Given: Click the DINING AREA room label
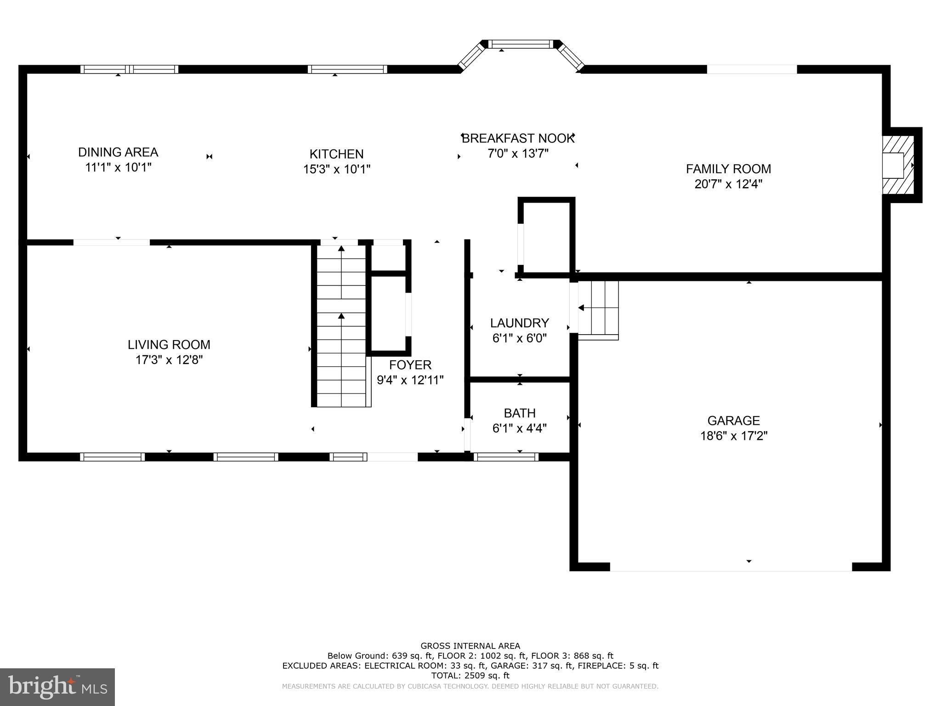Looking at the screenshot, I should pyautogui.click(x=118, y=152).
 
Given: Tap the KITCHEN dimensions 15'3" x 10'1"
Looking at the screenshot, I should pyautogui.click(x=336, y=170).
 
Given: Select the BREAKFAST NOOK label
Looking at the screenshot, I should pyautogui.click(x=518, y=138).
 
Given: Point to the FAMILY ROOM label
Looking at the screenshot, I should pyautogui.click(x=728, y=169).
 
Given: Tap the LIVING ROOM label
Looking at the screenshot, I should pyautogui.click(x=169, y=344).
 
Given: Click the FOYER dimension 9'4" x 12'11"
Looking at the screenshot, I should pyautogui.click(x=410, y=380).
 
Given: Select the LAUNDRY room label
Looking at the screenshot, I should pyautogui.click(x=519, y=323).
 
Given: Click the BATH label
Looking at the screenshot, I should pyautogui.click(x=519, y=413).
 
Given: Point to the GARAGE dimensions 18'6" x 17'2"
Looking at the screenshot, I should pyautogui.click(x=733, y=436).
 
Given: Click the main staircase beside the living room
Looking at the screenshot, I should pyautogui.click(x=341, y=326).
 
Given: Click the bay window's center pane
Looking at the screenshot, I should pyautogui.click(x=520, y=45).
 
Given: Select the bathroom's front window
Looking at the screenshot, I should pyautogui.click(x=505, y=456).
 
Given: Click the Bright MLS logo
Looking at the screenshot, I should pyautogui.click(x=57, y=687).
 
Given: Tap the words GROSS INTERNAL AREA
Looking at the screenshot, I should pyautogui.click(x=470, y=646).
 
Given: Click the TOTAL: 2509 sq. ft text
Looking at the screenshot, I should pyautogui.click(x=470, y=676).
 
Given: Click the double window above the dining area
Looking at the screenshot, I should pyautogui.click(x=129, y=69).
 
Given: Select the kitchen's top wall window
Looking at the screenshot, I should pyautogui.click(x=347, y=69).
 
